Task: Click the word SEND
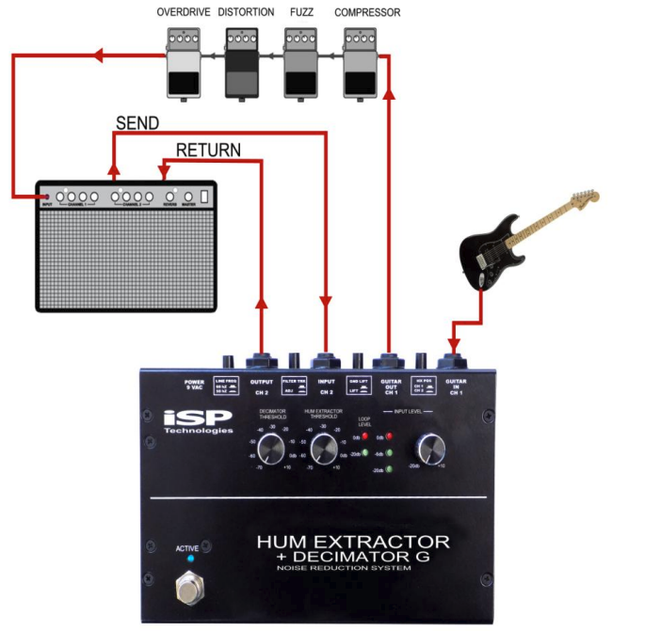click(137, 124)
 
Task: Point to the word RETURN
click(208, 150)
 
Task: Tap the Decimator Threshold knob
click(269, 450)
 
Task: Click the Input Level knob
click(430, 450)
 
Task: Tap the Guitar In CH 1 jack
click(456, 360)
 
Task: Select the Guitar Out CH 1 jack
click(388, 360)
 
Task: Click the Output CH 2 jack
click(261, 360)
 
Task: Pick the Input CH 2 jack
click(327, 360)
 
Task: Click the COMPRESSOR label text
click(367, 13)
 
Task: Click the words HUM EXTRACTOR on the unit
click(353, 543)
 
